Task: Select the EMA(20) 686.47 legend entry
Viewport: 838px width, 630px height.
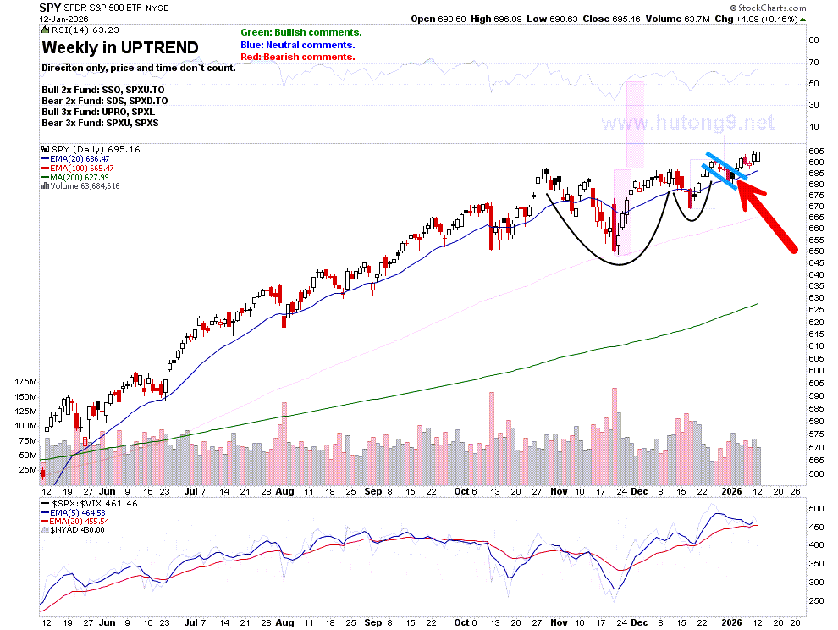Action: (75, 159)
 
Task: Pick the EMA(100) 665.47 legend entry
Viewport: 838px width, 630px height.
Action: (78, 168)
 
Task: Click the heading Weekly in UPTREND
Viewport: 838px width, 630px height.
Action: (120, 47)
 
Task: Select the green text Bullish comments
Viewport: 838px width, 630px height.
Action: (301, 33)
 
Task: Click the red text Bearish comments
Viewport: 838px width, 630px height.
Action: (298, 57)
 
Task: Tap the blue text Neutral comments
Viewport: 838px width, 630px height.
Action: (298, 45)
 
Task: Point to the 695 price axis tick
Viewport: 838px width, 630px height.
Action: (816, 152)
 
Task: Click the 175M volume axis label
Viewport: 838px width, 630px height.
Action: (26, 381)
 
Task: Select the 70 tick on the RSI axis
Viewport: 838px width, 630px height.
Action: (813, 62)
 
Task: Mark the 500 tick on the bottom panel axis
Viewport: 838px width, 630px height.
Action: (816, 508)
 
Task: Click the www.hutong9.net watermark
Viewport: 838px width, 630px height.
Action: (688, 123)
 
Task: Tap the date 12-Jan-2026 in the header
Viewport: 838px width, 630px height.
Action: (63, 19)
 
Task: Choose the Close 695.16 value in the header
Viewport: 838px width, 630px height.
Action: (611, 19)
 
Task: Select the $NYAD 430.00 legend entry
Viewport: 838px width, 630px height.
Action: (73, 530)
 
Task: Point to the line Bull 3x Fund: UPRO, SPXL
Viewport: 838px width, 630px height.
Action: (98, 112)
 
